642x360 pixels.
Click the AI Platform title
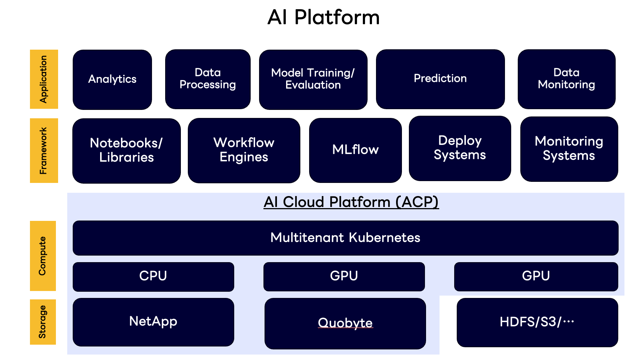[323, 18]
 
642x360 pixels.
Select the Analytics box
[112, 79]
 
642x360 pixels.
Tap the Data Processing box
[208, 79]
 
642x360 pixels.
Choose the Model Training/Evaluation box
[313, 79]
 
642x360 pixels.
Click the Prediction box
[440, 79]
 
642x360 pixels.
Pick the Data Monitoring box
[566, 79]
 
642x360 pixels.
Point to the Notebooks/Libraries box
[126, 150]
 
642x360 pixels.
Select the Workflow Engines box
[244, 150]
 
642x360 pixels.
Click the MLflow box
[355, 150]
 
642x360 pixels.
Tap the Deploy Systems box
[460, 148]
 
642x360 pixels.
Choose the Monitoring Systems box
[569, 149]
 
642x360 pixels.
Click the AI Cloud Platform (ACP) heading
[351, 202]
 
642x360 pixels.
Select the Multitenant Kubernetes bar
[345, 238]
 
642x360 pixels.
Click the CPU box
[153, 276]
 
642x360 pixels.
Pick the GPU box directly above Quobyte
[344, 276]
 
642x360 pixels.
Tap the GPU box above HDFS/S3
[536, 276]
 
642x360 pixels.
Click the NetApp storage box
[153, 322]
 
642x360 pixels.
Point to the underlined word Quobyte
[345, 323]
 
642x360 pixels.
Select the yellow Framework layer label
[44, 150]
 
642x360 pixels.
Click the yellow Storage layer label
[43, 322]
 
